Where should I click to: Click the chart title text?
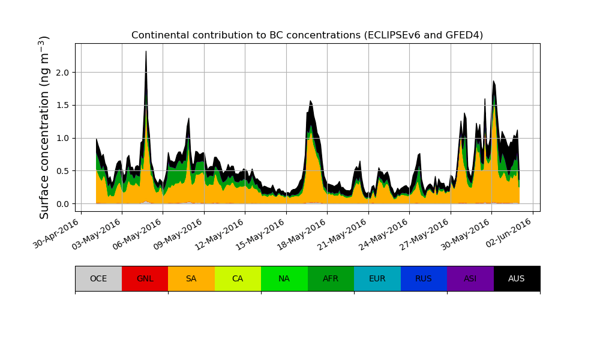click(x=307, y=35)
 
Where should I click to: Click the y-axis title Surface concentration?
click(x=44, y=127)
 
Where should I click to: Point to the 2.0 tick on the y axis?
click(x=61, y=73)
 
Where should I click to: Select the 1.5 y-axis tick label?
click(x=61, y=106)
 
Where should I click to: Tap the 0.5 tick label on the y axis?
click(x=61, y=171)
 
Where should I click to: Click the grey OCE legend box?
click(x=98, y=278)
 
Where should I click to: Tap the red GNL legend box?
click(x=145, y=278)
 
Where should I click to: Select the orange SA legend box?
click(x=191, y=278)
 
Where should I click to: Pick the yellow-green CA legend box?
click(x=238, y=278)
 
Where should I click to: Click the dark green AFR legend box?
click(x=331, y=278)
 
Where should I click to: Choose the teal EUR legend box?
click(x=377, y=278)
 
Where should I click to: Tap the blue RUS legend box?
click(x=424, y=278)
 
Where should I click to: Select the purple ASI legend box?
click(x=470, y=278)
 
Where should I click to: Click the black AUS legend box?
click(x=517, y=278)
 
